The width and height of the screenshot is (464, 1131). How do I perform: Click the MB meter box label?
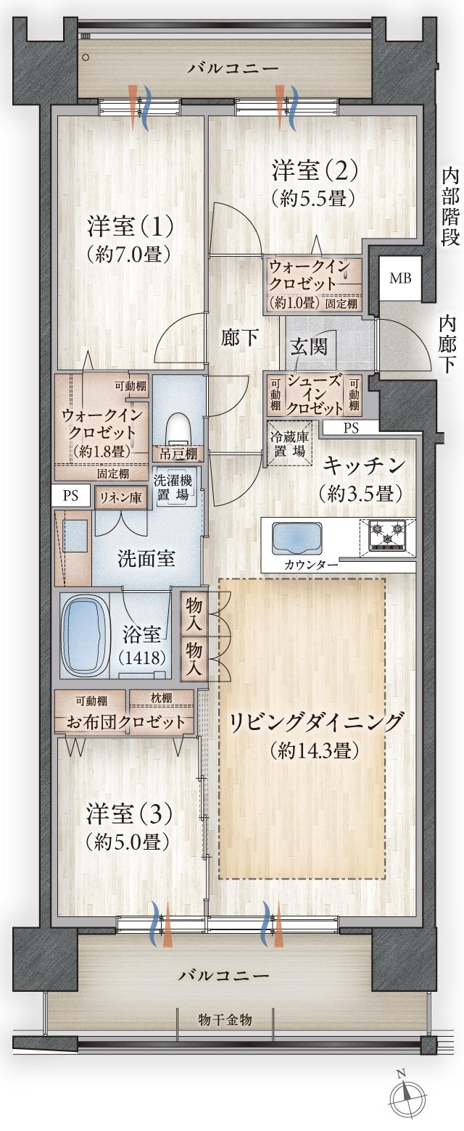[400, 278]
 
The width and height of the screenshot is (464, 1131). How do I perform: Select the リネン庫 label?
[120, 497]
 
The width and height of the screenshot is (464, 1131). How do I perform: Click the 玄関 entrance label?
[309, 346]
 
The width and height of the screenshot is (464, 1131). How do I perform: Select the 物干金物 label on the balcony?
[225, 1019]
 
